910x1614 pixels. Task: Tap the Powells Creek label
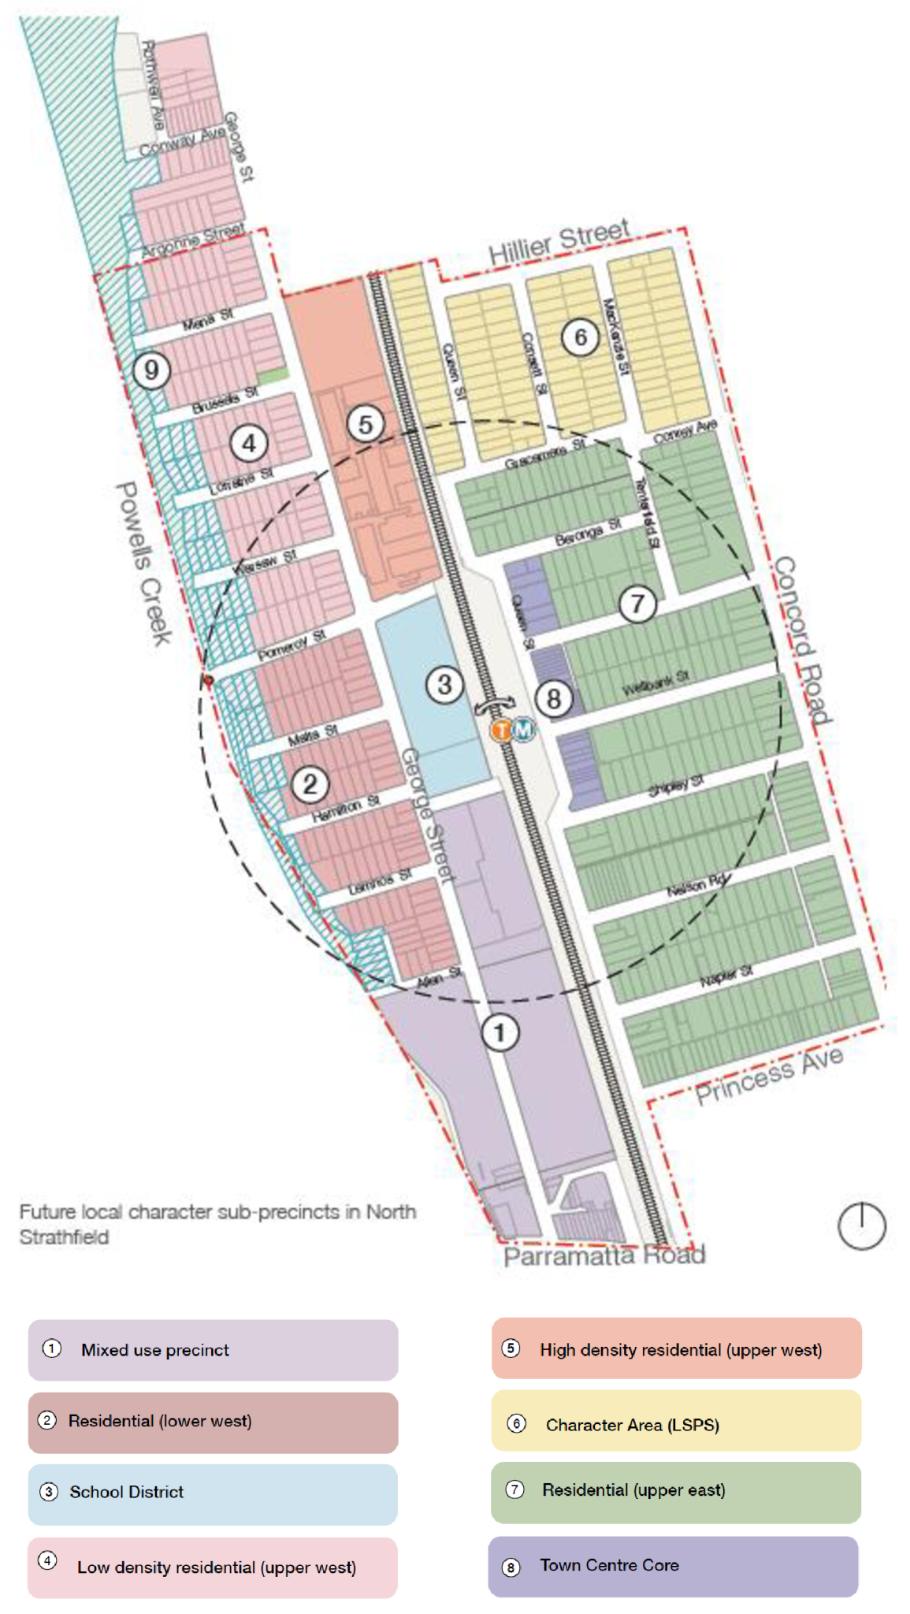pyautogui.click(x=144, y=563)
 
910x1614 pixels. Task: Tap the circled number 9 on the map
pyautogui.click(x=151, y=370)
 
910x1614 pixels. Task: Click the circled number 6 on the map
pyautogui.click(x=580, y=337)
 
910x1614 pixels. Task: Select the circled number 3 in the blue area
pyautogui.click(x=444, y=684)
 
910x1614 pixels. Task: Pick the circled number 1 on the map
pyautogui.click(x=500, y=1032)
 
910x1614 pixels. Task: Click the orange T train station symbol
pyautogui.click(x=501, y=730)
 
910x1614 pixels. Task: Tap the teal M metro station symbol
pyautogui.click(x=523, y=730)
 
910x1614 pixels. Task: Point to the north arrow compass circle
pyautogui.click(x=861, y=1226)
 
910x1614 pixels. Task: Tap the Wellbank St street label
pyautogui.click(x=656, y=683)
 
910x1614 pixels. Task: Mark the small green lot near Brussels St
pyautogui.click(x=273, y=377)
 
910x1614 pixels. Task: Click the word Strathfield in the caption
pyautogui.click(x=65, y=1237)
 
